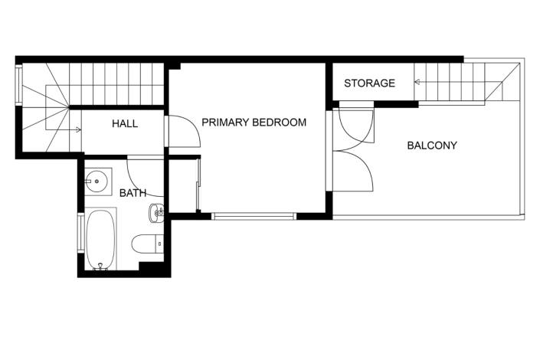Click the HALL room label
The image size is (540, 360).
coord(125,123)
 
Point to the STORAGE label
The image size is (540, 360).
coord(369,83)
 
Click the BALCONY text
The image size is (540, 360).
coord(432,145)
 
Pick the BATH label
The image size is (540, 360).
coord(133,194)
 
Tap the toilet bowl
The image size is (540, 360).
coord(144,244)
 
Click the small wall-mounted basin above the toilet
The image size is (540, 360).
coord(158,213)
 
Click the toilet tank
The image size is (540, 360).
coord(159,244)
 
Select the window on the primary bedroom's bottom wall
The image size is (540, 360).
coord(253,216)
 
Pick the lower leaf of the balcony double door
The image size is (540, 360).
coord(354,172)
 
